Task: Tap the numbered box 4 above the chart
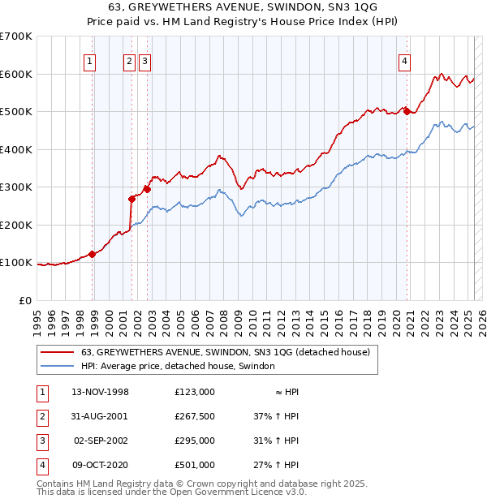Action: click(x=404, y=58)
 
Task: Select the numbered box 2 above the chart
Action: click(x=129, y=58)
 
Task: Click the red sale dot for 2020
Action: click(x=407, y=111)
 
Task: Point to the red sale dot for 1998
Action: click(x=93, y=254)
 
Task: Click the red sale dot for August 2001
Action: click(x=131, y=198)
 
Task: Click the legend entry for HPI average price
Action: click(x=178, y=366)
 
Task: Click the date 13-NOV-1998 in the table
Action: click(x=100, y=392)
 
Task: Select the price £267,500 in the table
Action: click(x=195, y=416)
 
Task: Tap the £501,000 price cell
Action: click(x=195, y=465)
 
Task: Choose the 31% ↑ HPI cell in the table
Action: click(x=277, y=441)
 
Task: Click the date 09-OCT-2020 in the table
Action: click(x=100, y=465)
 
